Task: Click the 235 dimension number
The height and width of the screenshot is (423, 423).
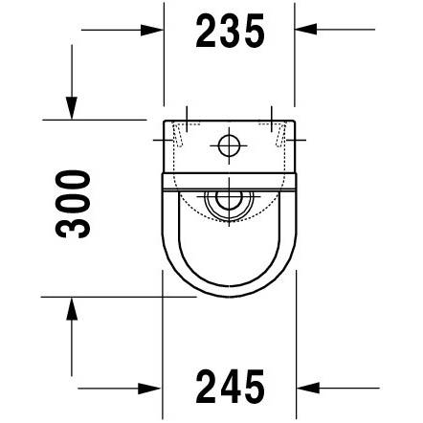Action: [230, 31]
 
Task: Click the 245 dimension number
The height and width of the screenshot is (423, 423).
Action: [230, 387]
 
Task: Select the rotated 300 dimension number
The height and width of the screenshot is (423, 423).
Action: [73, 204]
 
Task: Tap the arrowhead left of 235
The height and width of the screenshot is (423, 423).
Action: [151, 30]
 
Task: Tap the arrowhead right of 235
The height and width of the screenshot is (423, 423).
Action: [305, 29]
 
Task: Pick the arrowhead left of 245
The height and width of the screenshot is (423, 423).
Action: [149, 389]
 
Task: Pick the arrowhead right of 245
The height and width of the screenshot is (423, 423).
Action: [308, 388]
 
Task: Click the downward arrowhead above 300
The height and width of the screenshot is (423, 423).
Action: [72, 108]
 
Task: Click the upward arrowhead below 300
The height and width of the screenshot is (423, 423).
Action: [72, 308]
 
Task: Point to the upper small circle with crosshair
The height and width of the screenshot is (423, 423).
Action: [229, 145]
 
